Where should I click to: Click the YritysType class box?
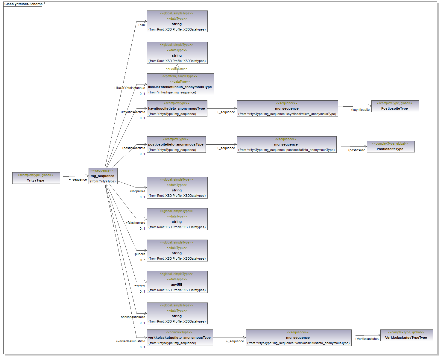click(36, 178)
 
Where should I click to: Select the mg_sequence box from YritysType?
click(103, 176)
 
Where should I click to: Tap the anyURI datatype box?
click(177, 282)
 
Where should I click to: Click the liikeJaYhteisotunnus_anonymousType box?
click(180, 84)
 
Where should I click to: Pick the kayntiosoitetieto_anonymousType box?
click(177, 108)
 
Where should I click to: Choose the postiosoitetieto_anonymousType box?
click(176, 144)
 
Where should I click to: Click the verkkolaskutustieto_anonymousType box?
click(180, 338)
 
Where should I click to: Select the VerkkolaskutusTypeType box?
click(406, 335)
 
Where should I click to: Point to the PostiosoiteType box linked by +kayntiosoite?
click(395, 106)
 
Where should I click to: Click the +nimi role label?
click(142, 25)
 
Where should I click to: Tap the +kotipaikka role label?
click(137, 191)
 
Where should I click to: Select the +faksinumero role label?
click(136, 223)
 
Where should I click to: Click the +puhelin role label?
click(139, 254)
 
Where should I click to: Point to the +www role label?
click(140, 286)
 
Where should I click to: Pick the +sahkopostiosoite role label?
click(132, 317)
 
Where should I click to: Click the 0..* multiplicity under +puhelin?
click(143, 260)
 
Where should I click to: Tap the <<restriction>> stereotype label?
click(177, 69)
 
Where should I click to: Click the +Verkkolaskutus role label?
click(367, 339)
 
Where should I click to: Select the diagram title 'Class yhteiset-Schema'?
click(23, 4)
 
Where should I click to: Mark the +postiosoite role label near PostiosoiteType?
click(356, 150)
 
